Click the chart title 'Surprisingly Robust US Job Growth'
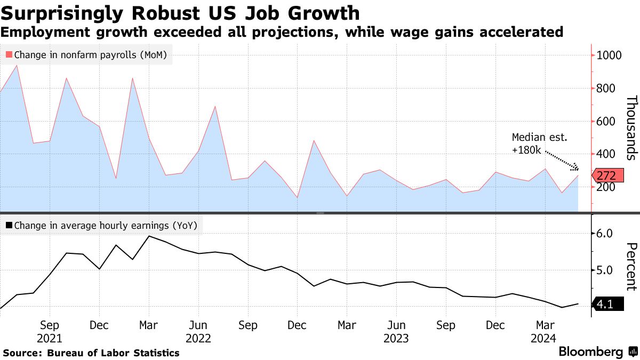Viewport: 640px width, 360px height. click(x=180, y=13)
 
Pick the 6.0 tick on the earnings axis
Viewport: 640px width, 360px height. click(x=605, y=234)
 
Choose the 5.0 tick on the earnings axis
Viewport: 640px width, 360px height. click(x=605, y=270)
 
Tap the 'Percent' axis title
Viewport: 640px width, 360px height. click(x=631, y=267)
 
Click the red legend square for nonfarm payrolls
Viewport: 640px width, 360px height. click(x=9, y=54)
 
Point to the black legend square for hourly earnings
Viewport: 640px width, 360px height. click(x=9, y=226)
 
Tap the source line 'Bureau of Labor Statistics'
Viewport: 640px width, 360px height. click(x=113, y=353)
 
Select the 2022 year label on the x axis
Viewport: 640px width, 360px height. click(x=198, y=338)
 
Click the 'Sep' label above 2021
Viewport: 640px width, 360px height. click(x=50, y=325)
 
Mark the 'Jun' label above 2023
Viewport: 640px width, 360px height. click(x=396, y=325)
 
